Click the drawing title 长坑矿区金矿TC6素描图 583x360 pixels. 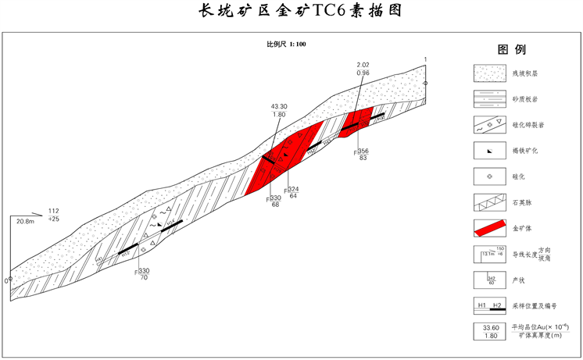click(x=291, y=12)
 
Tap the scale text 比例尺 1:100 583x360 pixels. click(x=286, y=45)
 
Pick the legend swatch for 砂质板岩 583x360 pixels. click(x=488, y=99)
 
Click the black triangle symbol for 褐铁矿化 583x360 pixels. click(x=488, y=151)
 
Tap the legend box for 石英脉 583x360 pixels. click(x=488, y=203)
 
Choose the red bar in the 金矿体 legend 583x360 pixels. click(x=488, y=229)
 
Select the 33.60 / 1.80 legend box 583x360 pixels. click(x=488, y=332)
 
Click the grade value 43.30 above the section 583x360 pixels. click(x=279, y=106)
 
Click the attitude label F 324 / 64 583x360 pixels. click(x=291, y=192)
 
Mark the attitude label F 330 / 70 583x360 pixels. click(x=142, y=274)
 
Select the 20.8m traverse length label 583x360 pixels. click(x=26, y=222)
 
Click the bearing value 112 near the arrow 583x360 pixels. click(x=54, y=212)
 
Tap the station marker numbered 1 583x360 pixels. click(x=425, y=82)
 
